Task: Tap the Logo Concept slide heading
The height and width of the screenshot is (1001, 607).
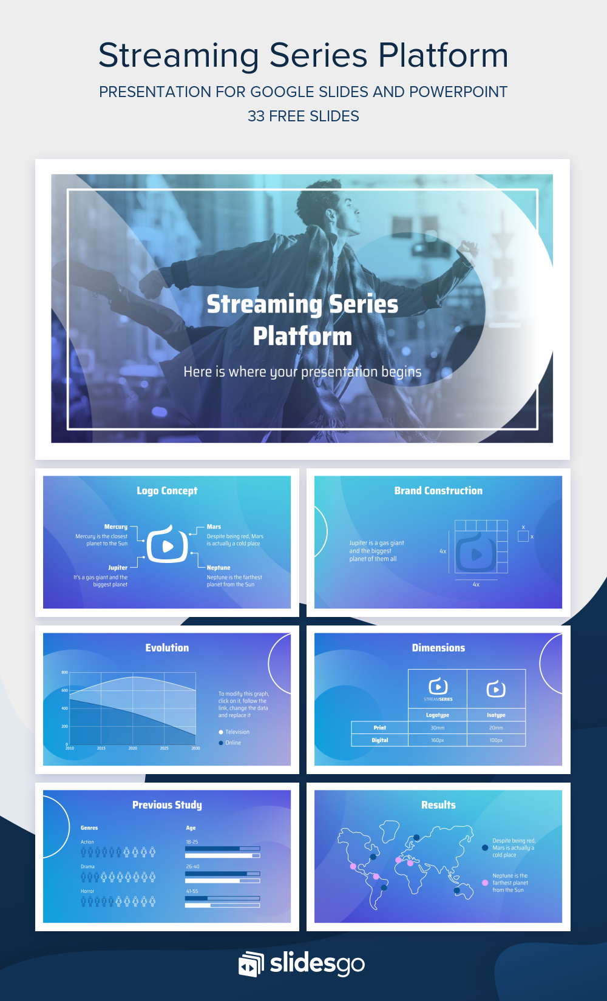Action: (x=167, y=491)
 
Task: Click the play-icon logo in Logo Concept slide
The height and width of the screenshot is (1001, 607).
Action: (x=168, y=545)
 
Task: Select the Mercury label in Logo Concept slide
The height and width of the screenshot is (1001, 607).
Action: (x=116, y=527)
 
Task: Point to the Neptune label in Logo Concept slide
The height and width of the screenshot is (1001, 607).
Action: (x=219, y=568)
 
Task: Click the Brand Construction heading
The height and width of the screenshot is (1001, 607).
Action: (x=438, y=491)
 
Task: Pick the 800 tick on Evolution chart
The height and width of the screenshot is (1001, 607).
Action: (x=64, y=673)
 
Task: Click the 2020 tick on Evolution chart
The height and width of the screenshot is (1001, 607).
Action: (x=132, y=749)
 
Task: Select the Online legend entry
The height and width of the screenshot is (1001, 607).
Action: (x=232, y=743)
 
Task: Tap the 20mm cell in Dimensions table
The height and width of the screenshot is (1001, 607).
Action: (x=496, y=727)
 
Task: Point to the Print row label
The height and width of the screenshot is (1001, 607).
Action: (x=380, y=727)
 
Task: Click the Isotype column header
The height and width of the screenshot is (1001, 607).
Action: (x=496, y=715)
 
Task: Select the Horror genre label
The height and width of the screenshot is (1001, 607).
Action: (x=87, y=891)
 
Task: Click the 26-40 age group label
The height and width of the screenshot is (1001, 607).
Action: (x=192, y=866)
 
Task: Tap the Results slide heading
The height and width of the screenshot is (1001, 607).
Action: (x=438, y=805)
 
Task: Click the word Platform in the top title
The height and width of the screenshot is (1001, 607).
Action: (x=443, y=55)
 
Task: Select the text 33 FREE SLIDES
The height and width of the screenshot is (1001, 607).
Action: (x=303, y=116)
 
